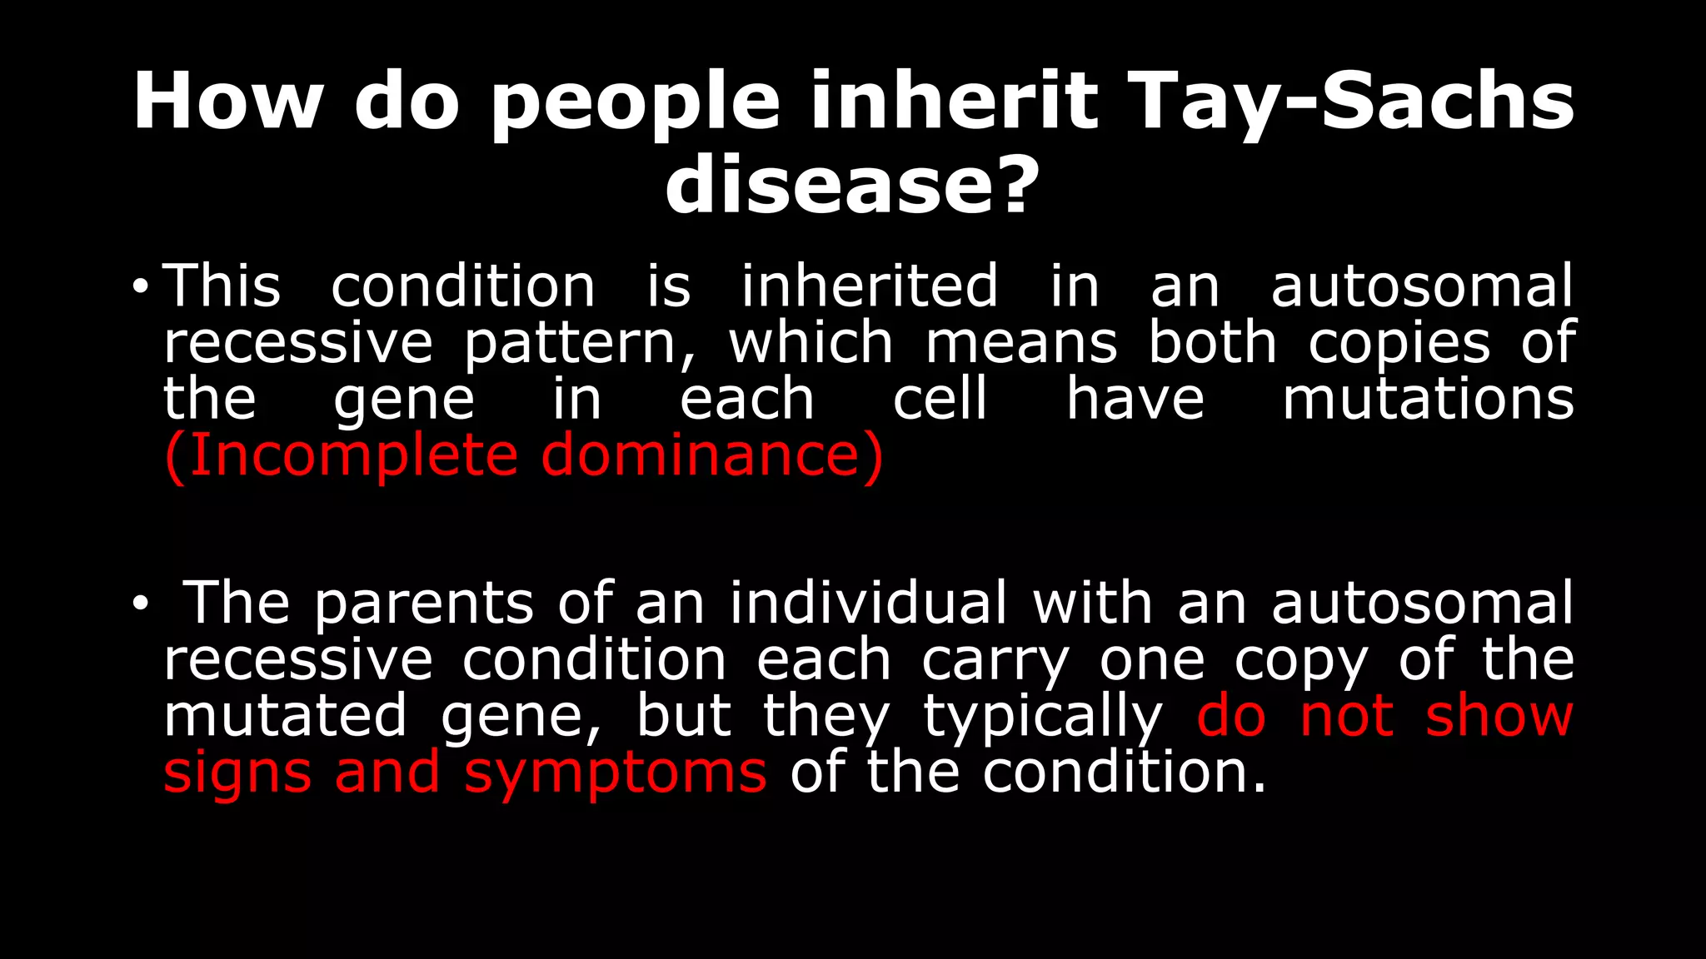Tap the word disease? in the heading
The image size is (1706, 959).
click(852, 185)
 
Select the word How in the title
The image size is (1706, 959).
click(227, 102)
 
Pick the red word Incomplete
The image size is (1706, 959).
click(350, 455)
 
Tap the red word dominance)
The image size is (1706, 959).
click(712, 455)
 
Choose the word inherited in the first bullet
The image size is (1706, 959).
click(870, 286)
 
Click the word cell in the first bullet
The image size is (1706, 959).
click(940, 399)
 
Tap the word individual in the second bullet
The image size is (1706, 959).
click(869, 603)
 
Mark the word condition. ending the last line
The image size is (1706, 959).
click(1125, 773)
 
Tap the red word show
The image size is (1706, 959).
click(1499, 717)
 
